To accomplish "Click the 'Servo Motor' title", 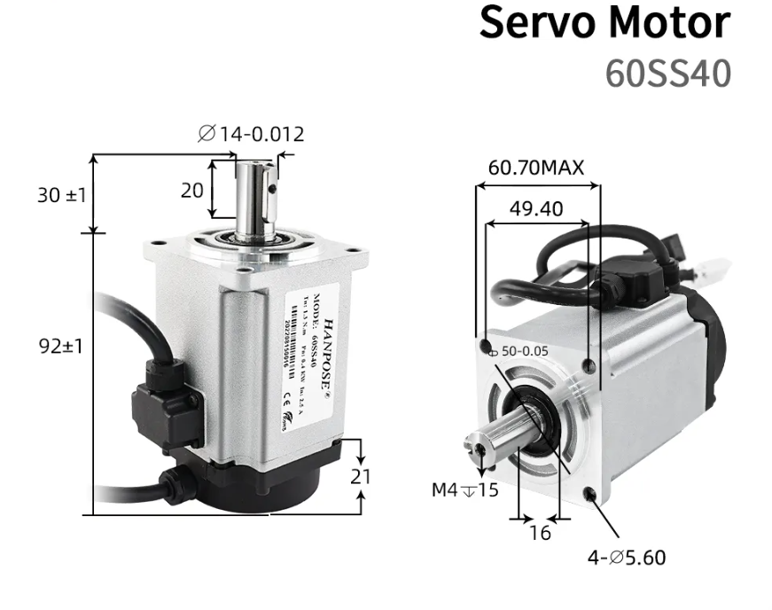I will (605, 25).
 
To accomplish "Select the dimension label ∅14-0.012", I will (251, 134).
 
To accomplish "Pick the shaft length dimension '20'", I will (192, 189).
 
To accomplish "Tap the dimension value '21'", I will (361, 476).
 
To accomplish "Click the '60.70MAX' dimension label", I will (536, 168).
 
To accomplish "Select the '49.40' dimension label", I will (536, 209).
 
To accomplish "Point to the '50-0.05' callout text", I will (525, 351).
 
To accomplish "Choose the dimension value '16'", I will (539, 533).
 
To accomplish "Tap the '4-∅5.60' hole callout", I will (627, 558).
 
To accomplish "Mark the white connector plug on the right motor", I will (712, 270).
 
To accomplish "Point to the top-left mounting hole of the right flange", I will (485, 344).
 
